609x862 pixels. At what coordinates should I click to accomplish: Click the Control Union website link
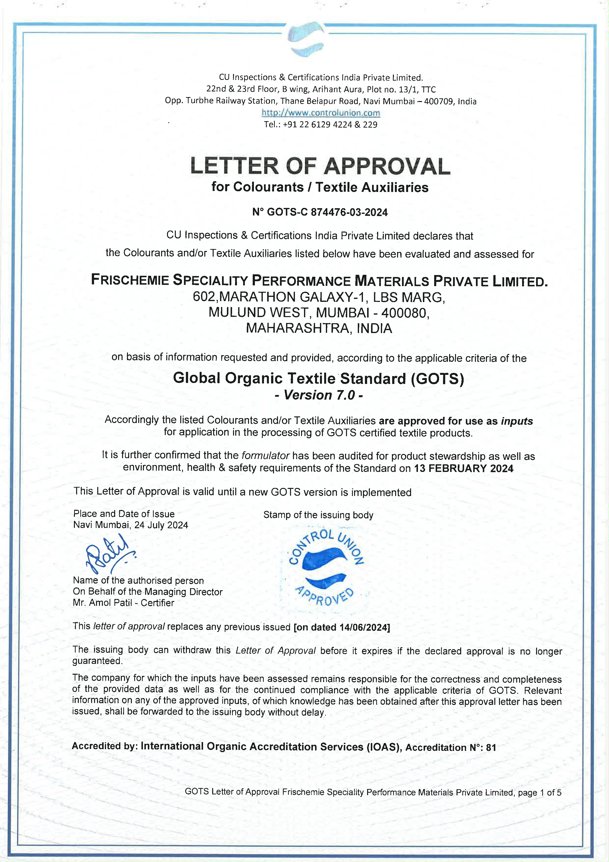point(321,113)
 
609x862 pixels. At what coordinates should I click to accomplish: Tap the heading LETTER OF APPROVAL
point(320,166)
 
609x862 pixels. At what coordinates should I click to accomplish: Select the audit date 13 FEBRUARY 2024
point(463,468)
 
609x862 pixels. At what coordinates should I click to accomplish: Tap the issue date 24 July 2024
point(161,525)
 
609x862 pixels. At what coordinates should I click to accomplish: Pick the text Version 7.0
point(319,395)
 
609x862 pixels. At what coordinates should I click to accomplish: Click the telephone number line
point(321,125)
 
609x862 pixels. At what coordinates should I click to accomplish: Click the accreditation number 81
point(491,747)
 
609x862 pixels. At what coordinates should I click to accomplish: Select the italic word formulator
point(265,456)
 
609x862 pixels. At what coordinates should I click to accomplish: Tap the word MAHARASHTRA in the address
point(298,329)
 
